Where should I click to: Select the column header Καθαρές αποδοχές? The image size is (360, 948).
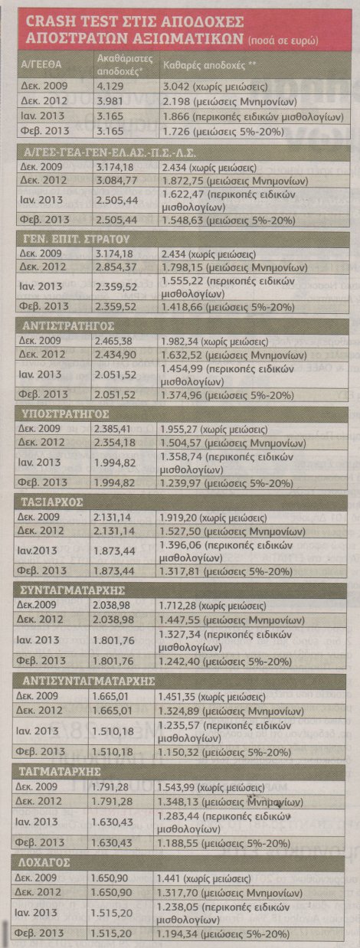[x=208, y=66]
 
